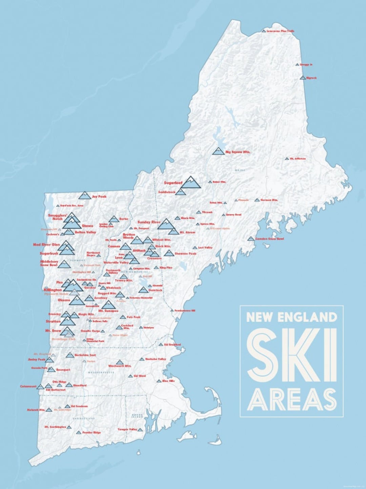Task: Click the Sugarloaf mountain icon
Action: coord(191,183)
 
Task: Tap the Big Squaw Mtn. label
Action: coord(238,152)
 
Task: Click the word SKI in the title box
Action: coord(292,356)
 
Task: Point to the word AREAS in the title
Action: coord(292,400)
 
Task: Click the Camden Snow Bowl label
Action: coord(269,239)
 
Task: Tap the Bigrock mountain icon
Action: coord(303,78)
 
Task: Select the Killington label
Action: coord(53,290)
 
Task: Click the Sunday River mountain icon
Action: coord(166,224)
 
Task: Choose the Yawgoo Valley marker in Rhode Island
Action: coord(140,430)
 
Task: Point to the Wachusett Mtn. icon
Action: coord(119,362)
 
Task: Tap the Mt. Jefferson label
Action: coord(298,159)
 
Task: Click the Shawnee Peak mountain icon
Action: coord(169,253)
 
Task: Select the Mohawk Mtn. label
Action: coord(36,410)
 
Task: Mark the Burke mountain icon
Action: coord(114,219)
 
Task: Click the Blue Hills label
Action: coord(168,381)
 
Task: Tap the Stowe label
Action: coord(87,225)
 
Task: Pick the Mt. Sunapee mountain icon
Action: coord(108,305)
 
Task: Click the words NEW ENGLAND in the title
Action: coord(291,318)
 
